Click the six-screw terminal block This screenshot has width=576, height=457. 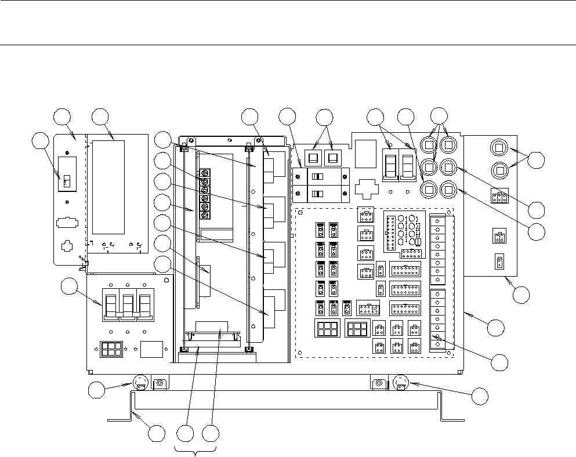(x=205, y=194)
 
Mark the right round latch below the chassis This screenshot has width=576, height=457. (x=401, y=383)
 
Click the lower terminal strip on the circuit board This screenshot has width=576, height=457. (x=438, y=320)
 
